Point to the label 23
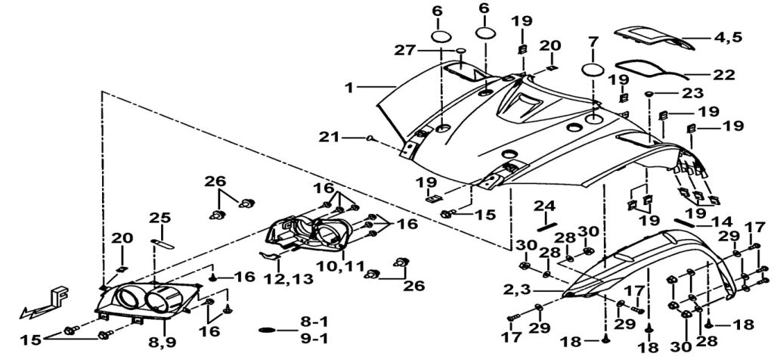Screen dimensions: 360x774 (x=692, y=93)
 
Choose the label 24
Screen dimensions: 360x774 (x=546, y=206)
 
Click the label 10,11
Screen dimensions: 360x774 (x=339, y=266)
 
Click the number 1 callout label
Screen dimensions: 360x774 (x=348, y=88)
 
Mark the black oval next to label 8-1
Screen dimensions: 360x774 (x=268, y=331)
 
